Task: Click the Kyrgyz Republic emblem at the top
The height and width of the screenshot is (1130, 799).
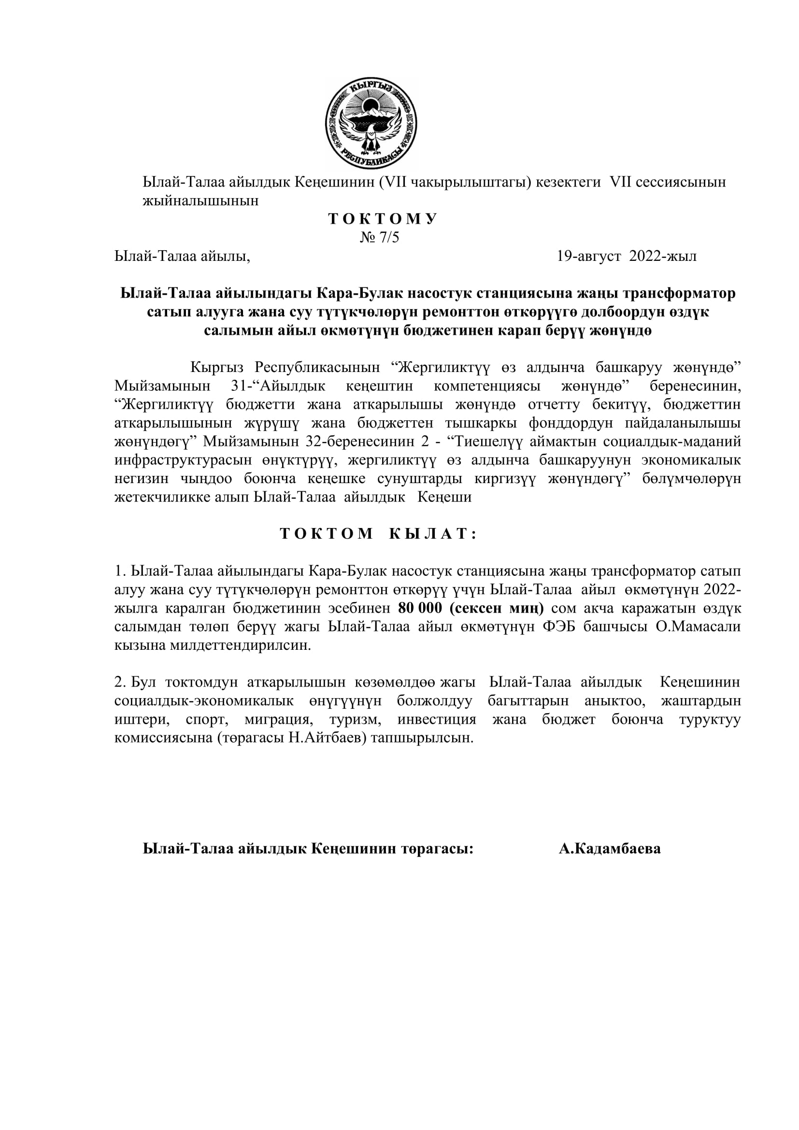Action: [371, 124]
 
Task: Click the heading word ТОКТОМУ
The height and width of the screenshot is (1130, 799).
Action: [382, 219]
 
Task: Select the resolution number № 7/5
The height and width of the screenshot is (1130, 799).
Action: [379, 238]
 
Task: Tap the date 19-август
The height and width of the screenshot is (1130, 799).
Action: [588, 257]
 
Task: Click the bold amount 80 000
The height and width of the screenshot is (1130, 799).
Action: [420, 608]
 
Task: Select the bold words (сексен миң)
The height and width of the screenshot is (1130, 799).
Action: [497, 608]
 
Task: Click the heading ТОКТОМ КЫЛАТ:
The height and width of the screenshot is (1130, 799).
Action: [378, 534]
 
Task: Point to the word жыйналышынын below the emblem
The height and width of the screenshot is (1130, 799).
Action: [201, 201]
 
